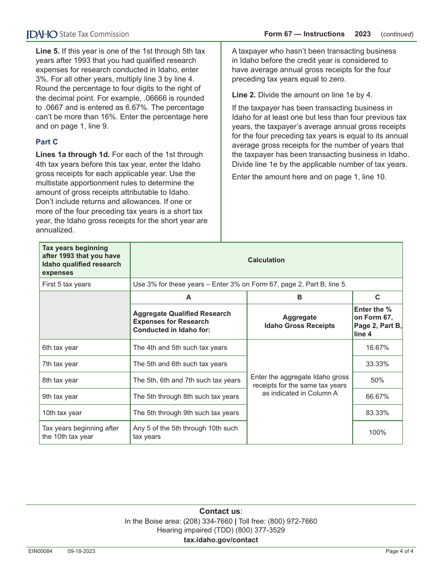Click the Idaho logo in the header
tap(42, 34)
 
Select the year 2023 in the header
tap(362, 34)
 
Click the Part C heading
tap(47, 142)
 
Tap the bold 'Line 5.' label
tap(47, 51)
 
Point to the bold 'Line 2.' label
tap(244, 95)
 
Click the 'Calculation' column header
tap(266, 260)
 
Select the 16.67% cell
tap(377, 348)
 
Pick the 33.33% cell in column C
tap(377, 364)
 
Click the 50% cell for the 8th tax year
tap(377, 380)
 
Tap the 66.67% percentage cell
tap(377, 396)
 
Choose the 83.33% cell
tap(377, 413)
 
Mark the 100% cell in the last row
tap(377, 432)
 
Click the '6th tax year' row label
tap(60, 348)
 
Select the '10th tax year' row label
tap(62, 413)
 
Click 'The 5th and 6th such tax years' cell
tap(180, 364)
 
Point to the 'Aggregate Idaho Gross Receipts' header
tap(300, 321)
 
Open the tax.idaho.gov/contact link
tap(221, 540)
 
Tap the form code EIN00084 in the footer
tap(40, 552)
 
